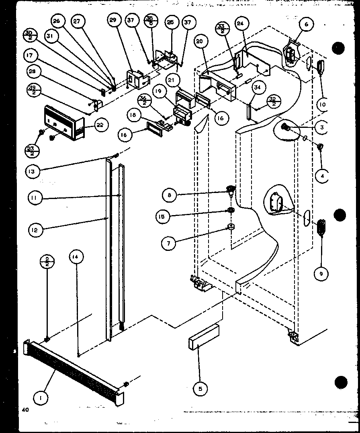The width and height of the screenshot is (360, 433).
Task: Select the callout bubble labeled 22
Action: (100, 125)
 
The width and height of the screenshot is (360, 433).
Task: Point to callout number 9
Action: (321, 274)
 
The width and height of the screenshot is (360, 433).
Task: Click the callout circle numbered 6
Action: (306, 25)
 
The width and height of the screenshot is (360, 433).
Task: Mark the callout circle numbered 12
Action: (35, 230)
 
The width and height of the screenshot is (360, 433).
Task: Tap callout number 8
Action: (170, 195)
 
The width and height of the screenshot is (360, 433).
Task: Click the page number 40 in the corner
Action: (26, 410)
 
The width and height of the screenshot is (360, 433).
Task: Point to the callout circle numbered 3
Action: (322, 128)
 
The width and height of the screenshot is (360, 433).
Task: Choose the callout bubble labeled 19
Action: (159, 91)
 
